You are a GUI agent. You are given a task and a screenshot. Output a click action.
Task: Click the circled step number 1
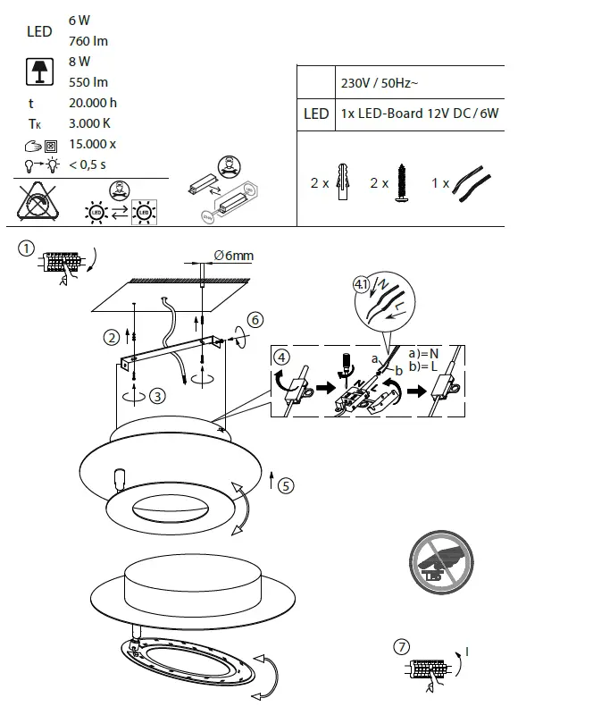click(28, 249)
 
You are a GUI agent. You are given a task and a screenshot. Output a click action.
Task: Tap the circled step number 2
click(112, 337)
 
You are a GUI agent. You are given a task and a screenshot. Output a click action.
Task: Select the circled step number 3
click(157, 396)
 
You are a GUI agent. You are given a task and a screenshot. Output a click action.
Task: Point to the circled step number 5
click(285, 485)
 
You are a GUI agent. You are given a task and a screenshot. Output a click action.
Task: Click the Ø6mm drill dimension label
click(233, 256)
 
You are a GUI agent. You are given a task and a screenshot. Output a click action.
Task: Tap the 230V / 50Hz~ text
click(380, 82)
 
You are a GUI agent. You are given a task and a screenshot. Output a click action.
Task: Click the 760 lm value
click(88, 41)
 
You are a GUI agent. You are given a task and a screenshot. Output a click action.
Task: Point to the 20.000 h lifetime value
click(92, 103)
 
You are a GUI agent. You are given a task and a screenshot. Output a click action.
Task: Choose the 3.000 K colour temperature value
click(89, 123)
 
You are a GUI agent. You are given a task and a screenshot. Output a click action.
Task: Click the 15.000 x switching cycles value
click(92, 144)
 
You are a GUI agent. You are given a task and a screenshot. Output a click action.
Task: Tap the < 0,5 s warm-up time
click(88, 164)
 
